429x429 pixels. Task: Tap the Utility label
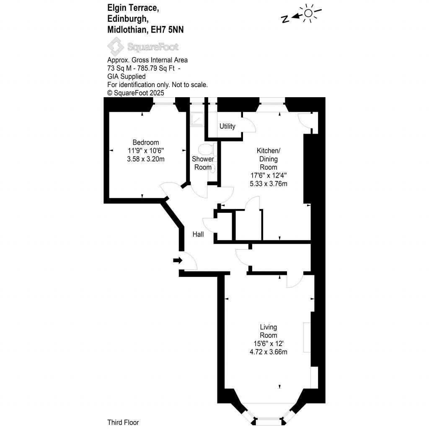pos(227,126)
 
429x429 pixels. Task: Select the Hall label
pos(198,234)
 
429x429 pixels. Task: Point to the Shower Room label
pos(203,163)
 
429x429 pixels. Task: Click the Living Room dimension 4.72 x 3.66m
pos(268,351)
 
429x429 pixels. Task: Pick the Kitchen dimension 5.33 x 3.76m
pos(268,183)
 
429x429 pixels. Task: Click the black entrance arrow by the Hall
pos(178,261)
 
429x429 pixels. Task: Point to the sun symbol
pos(309,13)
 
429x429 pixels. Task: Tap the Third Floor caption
pos(123,422)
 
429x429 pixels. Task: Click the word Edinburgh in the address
pos(127,18)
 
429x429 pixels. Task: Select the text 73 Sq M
pos(119,68)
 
